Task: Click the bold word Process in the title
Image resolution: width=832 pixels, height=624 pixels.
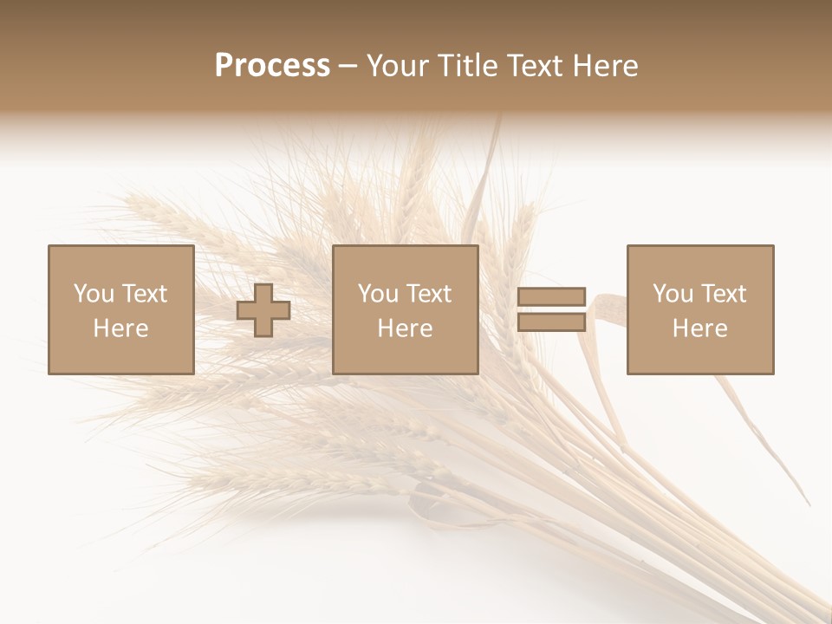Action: pyautogui.click(x=272, y=66)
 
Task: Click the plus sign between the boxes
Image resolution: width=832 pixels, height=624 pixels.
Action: pyautogui.click(x=263, y=310)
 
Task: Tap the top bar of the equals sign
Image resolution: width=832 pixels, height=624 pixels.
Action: pyautogui.click(x=551, y=297)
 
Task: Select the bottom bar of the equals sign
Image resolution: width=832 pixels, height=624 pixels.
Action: pyautogui.click(x=551, y=322)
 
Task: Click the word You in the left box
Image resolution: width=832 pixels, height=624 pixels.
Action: pyautogui.click(x=94, y=294)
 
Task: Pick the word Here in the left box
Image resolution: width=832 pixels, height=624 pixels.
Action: pyautogui.click(x=120, y=328)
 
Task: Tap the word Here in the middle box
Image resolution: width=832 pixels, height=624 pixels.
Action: pyautogui.click(x=405, y=328)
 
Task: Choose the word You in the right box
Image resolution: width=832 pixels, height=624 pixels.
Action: pyautogui.click(x=673, y=294)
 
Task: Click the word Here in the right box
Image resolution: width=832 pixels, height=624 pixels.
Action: pyautogui.click(x=699, y=328)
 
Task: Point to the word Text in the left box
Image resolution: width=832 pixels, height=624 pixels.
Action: pyautogui.click(x=144, y=294)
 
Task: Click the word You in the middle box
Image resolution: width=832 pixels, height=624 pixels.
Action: pyautogui.click(x=379, y=294)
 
